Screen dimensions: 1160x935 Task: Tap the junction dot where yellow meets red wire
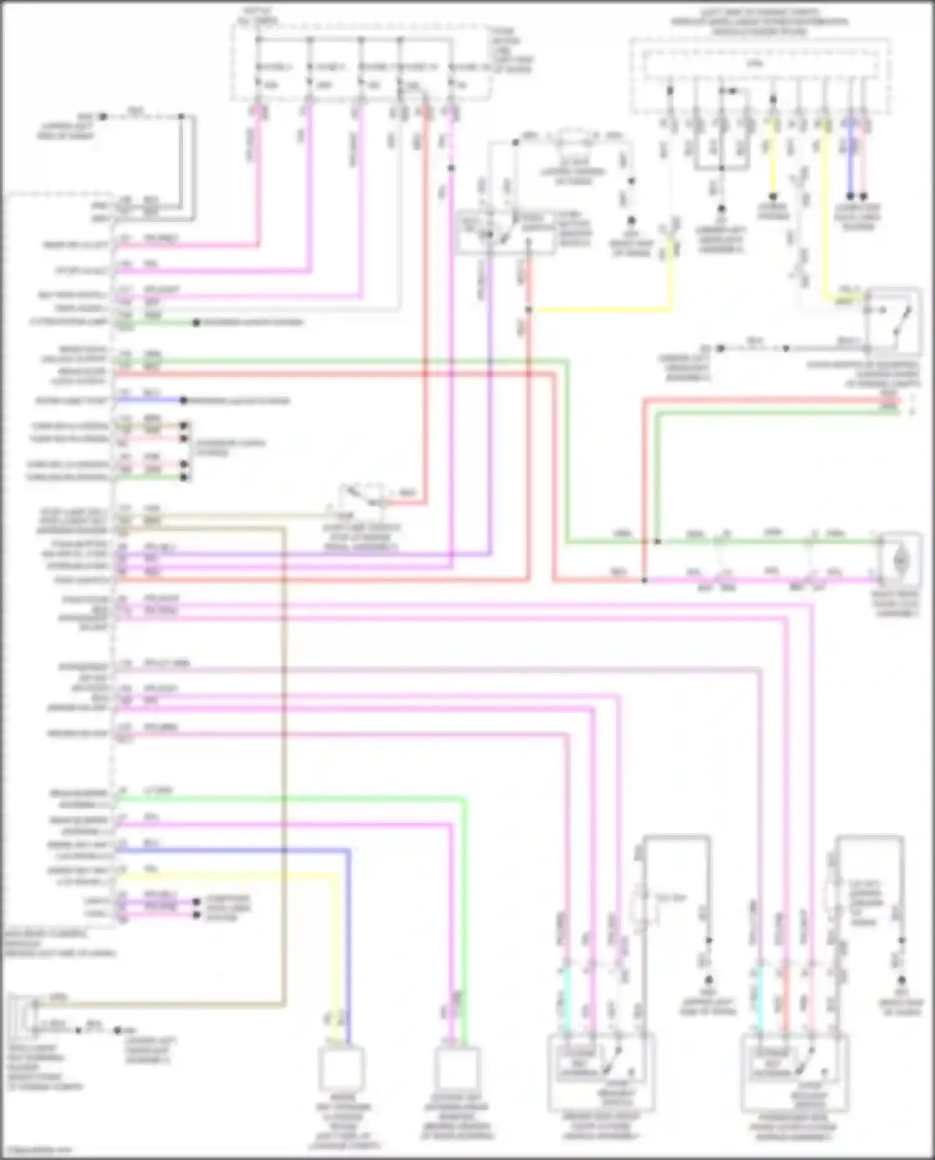point(528,310)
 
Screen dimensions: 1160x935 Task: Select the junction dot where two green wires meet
point(657,542)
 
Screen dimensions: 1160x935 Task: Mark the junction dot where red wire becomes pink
point(645,580)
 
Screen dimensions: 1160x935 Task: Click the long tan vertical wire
point(284,748)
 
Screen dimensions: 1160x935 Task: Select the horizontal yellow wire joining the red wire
point(598,310)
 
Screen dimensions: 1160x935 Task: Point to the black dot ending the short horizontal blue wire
point(184,400)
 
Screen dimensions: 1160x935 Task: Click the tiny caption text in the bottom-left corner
point(37,1151)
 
